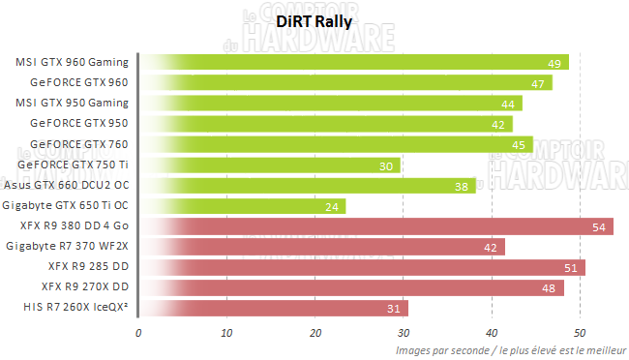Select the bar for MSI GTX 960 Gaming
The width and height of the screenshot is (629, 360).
(x=353, y=63)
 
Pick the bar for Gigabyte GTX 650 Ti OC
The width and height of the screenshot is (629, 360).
(x=242, y=206)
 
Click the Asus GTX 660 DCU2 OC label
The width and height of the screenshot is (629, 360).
(x=66, y=186)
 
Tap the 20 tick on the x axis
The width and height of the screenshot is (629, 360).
(x=315, y=333)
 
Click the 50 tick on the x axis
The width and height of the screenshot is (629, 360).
(x=580, y=333)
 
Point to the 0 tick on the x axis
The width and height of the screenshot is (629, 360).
(x=139, y=333)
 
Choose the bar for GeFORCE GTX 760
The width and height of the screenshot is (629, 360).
(x=335, y=145)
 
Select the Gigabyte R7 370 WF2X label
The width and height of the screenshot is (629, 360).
(x=67, y=247)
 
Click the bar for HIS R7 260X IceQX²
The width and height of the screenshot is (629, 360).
(x=273, y=308)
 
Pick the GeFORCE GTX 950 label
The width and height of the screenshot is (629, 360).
(x=79, y=124)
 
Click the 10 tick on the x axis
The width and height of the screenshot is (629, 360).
(x=227, y=333)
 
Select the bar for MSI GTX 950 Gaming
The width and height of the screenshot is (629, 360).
(x=330, y=104)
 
